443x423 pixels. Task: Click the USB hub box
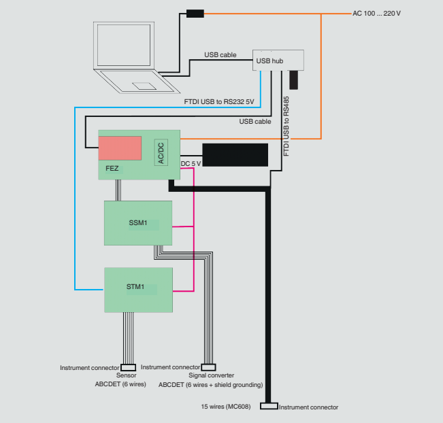(278, 60)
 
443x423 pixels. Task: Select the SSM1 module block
(137, 223)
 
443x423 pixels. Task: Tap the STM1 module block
(137, 289)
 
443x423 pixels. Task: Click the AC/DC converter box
(161, 153)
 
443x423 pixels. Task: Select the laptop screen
(127, 48)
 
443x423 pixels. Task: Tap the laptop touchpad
(146, 86)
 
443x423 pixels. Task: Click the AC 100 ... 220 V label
(376, 13)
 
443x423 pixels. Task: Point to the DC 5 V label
(191, 163)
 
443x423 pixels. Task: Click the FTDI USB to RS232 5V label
(219, 102)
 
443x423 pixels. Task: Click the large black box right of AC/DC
(235, 154)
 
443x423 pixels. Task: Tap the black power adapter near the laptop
(195, 13)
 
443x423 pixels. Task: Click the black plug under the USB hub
(293, 80)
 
